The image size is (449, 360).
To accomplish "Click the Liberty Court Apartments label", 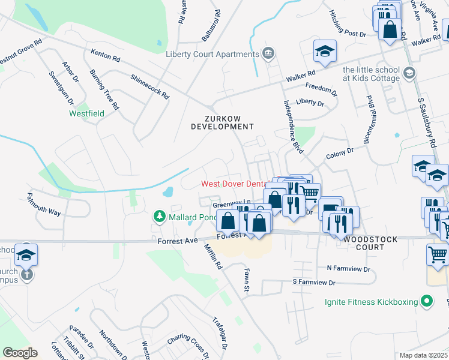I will click(x=212, y=54).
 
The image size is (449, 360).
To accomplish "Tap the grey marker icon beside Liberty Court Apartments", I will click(x=268, y=54).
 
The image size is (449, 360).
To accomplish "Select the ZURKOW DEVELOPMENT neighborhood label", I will click(x=223, y=122).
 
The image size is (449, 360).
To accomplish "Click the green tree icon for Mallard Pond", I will click(x=159, y=215).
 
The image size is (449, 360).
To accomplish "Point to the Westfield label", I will click(x=86, y=113).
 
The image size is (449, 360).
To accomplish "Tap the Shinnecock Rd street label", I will click(x=150, y=87).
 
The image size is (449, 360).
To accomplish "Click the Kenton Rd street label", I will click(x=106, y=56).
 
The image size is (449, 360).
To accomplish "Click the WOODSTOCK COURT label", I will click(x=370, y=244).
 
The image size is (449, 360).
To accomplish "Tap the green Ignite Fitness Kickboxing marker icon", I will click(x=427, y=301).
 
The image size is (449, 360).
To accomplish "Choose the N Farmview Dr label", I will click(x=346, y=268).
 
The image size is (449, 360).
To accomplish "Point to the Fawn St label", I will click(x=246, y=281).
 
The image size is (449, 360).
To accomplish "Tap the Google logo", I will click(x=20, y=353).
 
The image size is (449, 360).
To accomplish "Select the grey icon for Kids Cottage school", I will click(x=409, y=73).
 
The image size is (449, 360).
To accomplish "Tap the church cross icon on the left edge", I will click(x=26, y=275).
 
